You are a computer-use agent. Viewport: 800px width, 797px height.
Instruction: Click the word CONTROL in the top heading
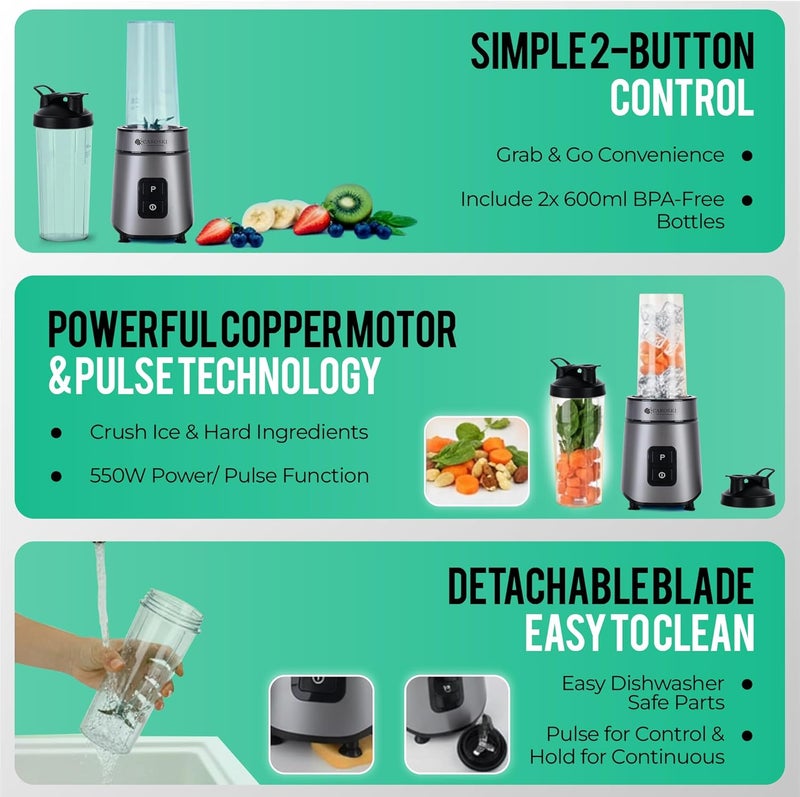click(682, 97)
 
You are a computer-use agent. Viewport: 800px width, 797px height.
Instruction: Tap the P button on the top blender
click(153, 189)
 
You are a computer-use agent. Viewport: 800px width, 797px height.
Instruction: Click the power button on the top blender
click(153, 207)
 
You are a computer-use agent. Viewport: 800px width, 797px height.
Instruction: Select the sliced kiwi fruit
click(348, 204)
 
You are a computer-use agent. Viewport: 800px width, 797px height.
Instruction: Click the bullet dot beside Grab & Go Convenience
click(747, 156)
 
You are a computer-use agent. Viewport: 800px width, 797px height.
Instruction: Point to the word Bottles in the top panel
click(690, 222)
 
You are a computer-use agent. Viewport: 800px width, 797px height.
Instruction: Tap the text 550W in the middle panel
click(118, 476)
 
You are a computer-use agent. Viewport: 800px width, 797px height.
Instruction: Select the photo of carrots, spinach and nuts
click(477, 462)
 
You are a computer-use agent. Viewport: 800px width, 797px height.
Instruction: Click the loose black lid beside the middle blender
click(747, 489)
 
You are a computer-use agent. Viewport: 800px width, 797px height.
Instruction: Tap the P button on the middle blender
click(662, 457)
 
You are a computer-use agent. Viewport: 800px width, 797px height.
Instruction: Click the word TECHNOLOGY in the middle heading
click(280, 376)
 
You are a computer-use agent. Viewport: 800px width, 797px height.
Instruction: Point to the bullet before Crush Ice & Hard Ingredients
click(56, 433)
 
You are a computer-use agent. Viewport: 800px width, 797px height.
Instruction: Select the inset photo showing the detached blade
click(457, 725)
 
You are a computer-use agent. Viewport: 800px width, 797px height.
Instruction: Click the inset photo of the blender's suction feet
click(321, 725)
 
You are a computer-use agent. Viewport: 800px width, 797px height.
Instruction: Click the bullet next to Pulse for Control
click(747, 735)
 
